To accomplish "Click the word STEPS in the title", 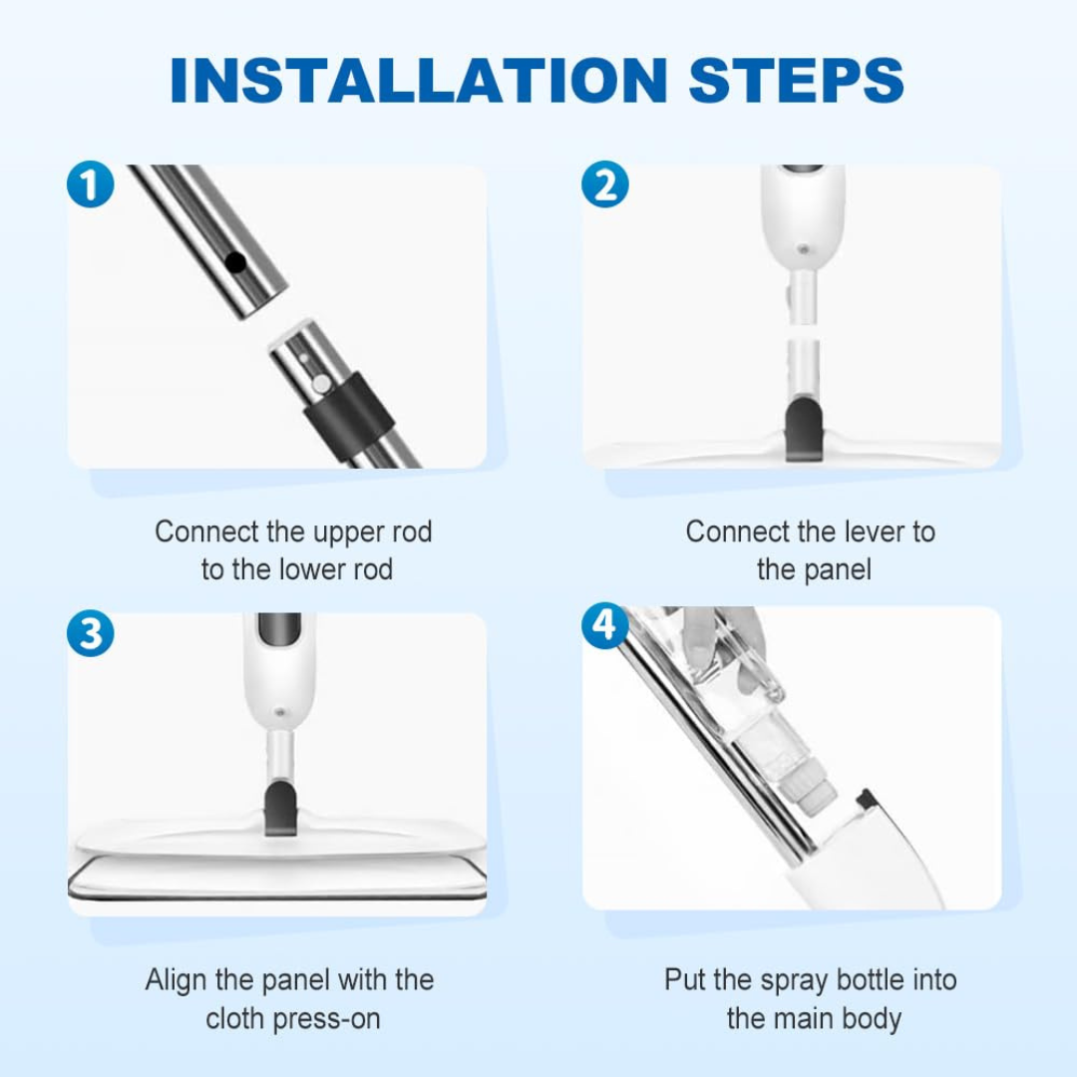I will pos(797,80).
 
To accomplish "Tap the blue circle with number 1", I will pos(90,185).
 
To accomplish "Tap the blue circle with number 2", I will pos(605,185).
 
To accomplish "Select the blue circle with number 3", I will pos(90,633).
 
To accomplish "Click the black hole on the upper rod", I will pos(235,262).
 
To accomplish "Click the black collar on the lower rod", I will pos(350,410).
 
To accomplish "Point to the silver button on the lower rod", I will pos(321,384).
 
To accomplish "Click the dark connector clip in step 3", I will pos(281,808).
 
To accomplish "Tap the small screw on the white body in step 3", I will pos(280,712).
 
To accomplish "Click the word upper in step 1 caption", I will pos(348,532).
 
